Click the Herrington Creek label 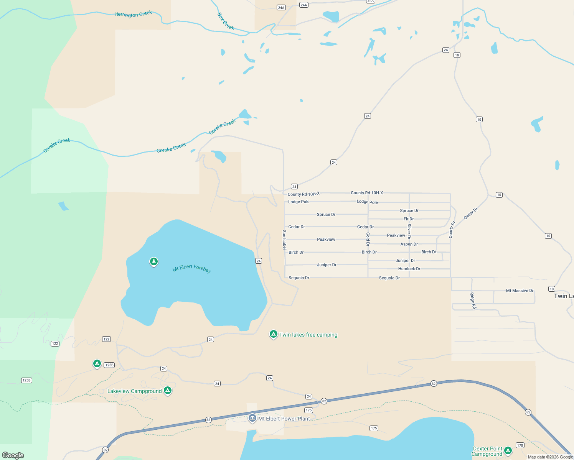pos(133,14)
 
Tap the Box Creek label pos(226,21)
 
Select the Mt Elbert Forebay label pos(191,268)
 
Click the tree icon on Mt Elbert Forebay pos(154,261)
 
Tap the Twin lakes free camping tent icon pos(273,334)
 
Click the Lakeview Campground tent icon pos(167,390)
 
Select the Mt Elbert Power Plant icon pos(252,418)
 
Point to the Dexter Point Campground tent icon pos(508,450)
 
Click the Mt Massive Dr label pos(520,291)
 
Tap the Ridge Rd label pos(473,301)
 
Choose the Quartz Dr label pos(452,230)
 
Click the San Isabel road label pos(284,240)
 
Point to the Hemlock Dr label pos(409,269)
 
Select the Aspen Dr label pos(409,244)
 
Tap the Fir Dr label pos(408,219)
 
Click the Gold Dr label pos(368,239)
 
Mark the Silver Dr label pos(409,232)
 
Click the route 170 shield pos(520,445)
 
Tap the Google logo pos(13,455)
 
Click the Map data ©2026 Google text pos(550,457)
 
